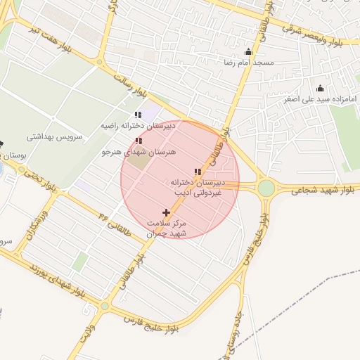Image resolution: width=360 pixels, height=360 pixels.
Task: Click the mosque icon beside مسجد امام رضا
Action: click(247, 52)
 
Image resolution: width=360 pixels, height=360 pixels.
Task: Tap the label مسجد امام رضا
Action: click(248, 63)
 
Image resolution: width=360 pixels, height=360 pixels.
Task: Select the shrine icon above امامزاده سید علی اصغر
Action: click(321, 89)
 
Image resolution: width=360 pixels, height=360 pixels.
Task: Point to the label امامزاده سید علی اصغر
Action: click(321, 99)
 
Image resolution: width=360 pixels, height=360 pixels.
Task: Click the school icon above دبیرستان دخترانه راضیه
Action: click(138, 115)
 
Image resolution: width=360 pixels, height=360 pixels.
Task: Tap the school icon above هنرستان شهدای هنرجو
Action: click(137, 141)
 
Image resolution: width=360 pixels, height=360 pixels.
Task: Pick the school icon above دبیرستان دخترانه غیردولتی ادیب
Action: click(198, 172)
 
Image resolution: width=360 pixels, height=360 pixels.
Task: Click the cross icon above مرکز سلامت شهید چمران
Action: click(167, 212)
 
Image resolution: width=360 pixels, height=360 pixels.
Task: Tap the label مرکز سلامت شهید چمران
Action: click(167, 228)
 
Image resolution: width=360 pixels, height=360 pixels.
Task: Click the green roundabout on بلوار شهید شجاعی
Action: click(266, 188)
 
